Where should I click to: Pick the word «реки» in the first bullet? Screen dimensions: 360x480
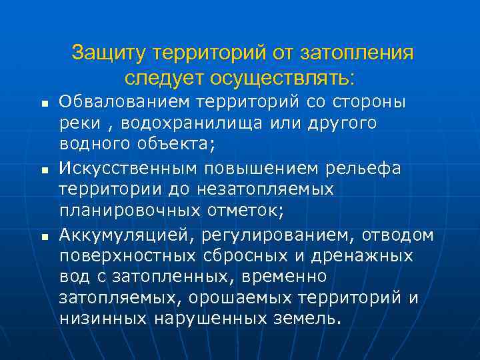pos(79,124)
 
